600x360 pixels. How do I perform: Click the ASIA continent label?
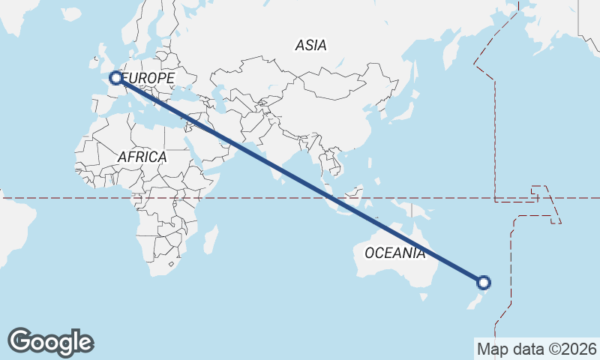(310, 46)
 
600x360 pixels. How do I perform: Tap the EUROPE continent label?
(148, 78)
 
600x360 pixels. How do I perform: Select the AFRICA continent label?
(142, 157)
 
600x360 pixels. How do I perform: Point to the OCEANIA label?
(394, 253)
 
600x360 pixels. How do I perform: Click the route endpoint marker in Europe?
(116, 77)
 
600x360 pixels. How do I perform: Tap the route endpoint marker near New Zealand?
(484, 283)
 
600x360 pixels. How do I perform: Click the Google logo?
(50, 341)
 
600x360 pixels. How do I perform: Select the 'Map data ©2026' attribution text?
(536, 349)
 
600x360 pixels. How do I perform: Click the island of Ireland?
(90, 64)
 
